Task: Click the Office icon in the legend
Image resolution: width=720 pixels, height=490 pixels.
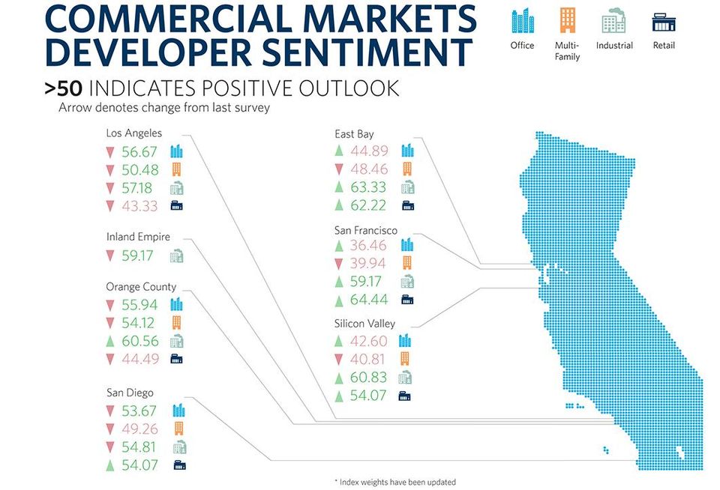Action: tap(523, 21)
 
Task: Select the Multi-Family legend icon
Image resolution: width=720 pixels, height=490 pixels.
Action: tap(568, 21)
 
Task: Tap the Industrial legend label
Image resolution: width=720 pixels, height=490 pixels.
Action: tap(614, 46)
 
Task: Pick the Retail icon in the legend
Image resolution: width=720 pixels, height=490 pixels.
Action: tap(664, 22)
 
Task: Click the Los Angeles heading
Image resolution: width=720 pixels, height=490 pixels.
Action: tap(134, 133)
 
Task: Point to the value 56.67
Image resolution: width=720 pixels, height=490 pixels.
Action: tap(139, 152)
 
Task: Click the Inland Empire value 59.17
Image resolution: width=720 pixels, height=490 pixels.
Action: tap(137, 255)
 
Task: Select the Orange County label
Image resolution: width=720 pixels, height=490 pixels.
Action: tap(142, 287)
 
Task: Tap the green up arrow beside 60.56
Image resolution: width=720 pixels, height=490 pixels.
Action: tap(109, 341)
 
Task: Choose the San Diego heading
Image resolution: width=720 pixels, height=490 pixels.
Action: tap(130, 393)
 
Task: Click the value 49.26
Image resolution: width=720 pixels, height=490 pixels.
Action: tap(139, 429)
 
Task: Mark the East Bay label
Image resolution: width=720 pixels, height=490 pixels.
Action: tap(354, 134)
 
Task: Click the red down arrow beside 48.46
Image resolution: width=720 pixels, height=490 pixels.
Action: tap(339, 169)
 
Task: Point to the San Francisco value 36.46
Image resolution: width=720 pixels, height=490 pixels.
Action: tap(368, 246)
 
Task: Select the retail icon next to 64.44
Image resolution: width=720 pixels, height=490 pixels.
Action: tap(407, 300)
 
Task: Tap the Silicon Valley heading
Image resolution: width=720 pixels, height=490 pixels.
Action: tap(364, 324)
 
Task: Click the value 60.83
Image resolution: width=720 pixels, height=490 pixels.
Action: tap(368, 378)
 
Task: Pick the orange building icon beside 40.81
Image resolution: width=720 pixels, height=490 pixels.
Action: tap(405, 359)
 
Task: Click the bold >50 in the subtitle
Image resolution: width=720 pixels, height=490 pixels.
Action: tap(63, 88)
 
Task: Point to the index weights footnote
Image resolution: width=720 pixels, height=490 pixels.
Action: tap(395, 483)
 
